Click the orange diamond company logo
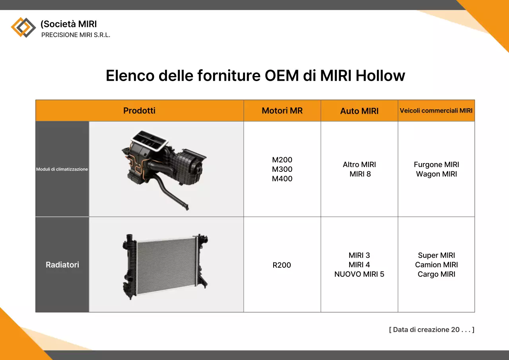(x=23, y=27)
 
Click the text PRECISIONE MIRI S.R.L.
(x=76, y=35)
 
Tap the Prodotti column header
(x=139, y=111)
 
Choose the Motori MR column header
(x=282, y=111)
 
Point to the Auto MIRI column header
(x=359, y=111)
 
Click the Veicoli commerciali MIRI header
(x=436, y=111)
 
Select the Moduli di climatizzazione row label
(x=62, y=169)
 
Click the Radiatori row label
(x=62, y=265)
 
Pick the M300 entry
(x=282, y=169)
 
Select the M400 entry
(x=282, y=179)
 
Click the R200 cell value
(x=282, y=265)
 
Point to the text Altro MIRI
(x=359, y=164)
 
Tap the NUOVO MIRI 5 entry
(x=359, y=274)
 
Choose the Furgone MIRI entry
(x=436, y=164)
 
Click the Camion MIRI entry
(x=436, y=265)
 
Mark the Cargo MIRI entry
(x=436, y=274)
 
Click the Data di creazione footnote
(x=431, y=329)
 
